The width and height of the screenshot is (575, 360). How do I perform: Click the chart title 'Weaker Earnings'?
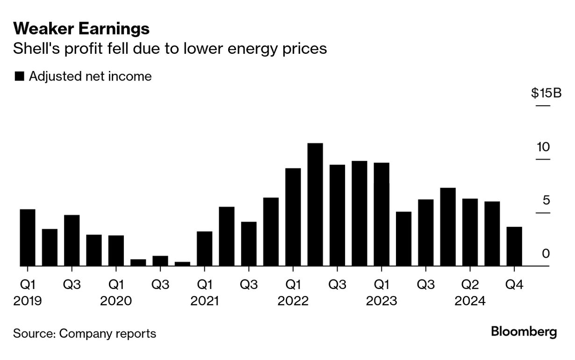[x=81, y=29]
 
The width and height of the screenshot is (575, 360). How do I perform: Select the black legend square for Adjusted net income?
[x=20, y=77]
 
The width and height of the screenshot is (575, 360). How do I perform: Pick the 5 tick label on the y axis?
[x=546, y=201]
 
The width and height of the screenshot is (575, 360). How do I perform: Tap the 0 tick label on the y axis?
[x=546, y=254]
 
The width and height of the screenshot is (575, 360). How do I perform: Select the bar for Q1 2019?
[x=28, y=238]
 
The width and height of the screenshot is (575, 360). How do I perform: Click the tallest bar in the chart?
[x=315, y=205]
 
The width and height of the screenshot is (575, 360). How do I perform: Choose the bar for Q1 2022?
[x=293, y=217]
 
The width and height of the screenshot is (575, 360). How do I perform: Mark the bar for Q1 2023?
[x=381, y=214]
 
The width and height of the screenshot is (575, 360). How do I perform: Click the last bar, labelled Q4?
[x=514, y=246]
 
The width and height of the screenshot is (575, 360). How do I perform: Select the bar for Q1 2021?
[x=204, y=249]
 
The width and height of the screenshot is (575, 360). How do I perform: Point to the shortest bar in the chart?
[x=182, y=264]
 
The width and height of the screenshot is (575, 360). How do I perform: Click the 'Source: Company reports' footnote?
[x=85, y=334]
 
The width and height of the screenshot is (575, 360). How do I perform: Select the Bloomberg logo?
[x=524, y=332]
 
